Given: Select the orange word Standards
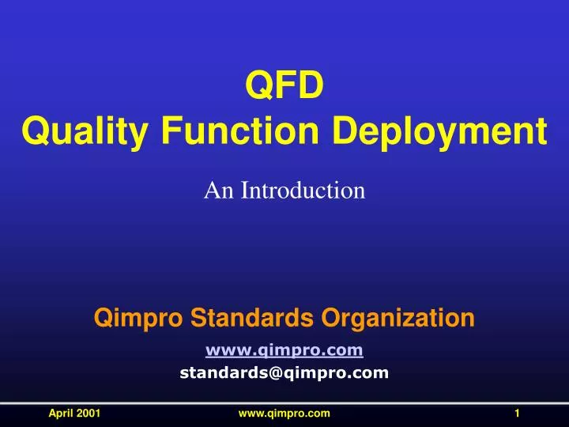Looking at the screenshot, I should tap(241, 319).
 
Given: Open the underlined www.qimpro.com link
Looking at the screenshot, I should tap(284, 350).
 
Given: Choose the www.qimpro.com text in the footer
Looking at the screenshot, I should tap(284, 414).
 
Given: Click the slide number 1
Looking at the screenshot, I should tap(516, 414).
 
